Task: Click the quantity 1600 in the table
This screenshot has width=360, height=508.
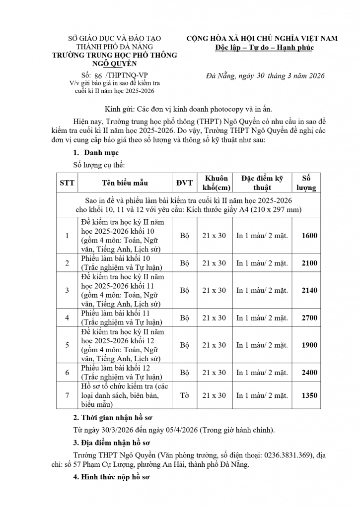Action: tap(309, 236)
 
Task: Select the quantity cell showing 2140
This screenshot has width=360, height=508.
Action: tap(309, 290)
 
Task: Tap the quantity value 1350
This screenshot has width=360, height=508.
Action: tap(309, 395)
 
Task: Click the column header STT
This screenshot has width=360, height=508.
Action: tap(67, 183)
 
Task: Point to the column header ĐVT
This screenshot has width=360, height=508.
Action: tap(185, 183)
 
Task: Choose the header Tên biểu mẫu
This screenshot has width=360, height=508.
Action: tap(125, 183)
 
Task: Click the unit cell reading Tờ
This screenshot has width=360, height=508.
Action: tap(185, 395)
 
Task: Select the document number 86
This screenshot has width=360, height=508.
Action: tap(98, 75)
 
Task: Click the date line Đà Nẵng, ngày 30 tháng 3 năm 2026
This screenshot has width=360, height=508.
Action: tap(265, 76)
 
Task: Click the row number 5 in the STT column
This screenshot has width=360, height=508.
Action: tap(67, 345)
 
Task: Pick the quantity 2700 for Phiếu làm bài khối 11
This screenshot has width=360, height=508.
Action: tap(309, 317)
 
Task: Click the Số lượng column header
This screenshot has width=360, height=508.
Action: tap(309, 183)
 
